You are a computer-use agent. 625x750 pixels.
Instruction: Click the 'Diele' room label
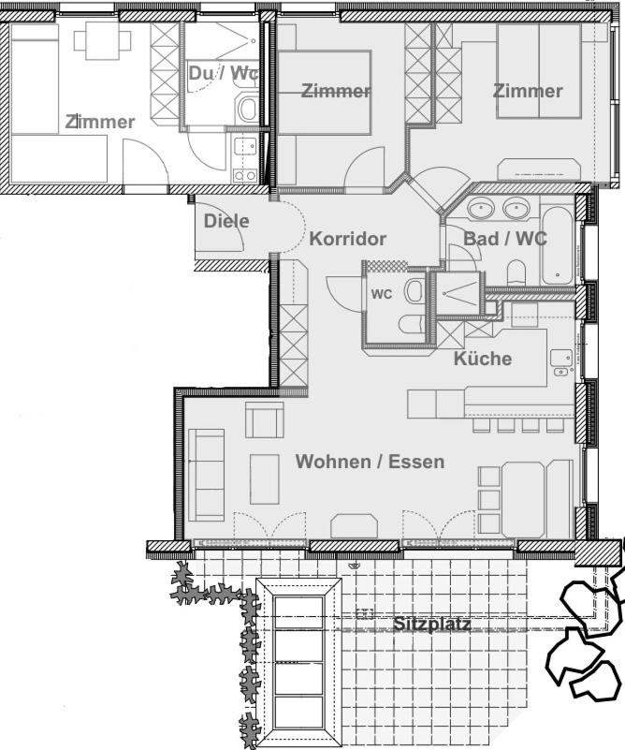tap(226, 221)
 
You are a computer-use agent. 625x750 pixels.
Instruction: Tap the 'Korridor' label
tap(347, 239)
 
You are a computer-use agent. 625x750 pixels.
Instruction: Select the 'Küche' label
tap(483, 359)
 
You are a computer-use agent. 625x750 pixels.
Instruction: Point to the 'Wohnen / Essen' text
tap(370, 462)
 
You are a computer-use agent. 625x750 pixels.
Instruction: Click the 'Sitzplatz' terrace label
tap(432, 624)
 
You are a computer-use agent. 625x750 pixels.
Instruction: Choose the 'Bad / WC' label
tap(505, 238)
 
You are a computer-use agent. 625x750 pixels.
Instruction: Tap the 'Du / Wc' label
tap(224, 73)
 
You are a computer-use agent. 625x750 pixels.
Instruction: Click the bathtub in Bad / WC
tap(557, 245)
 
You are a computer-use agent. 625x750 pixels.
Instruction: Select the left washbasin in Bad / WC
tap(482, 209)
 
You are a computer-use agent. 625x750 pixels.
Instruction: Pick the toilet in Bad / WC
tap(516, 272)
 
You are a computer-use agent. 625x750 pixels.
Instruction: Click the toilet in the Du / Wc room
tap(248, 109)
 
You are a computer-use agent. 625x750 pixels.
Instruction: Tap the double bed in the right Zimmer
tap(539, 70)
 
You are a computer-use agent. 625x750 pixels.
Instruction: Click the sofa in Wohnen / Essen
tap(207, 475)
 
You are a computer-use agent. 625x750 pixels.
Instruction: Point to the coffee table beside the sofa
tap(265, 479)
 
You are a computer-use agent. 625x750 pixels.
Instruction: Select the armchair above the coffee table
tap(265, 420)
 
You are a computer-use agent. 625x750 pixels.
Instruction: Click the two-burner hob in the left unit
tap(244, 176)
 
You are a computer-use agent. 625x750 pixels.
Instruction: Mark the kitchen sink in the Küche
tap(561, 358)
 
